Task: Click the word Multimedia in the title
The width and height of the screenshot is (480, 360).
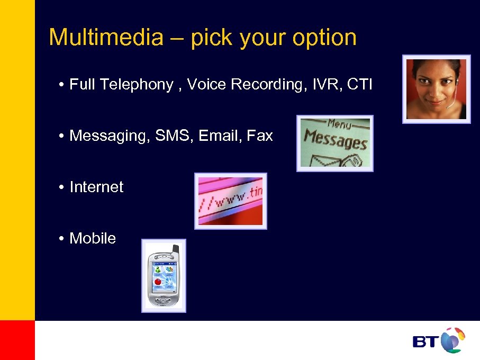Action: (x=106, y=38)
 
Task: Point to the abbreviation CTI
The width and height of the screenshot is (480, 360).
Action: (x=360, y=84)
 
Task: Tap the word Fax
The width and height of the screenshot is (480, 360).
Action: (x=260, y=136)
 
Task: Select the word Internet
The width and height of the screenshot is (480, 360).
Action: (x=96, y=187)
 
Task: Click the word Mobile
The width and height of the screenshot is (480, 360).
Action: (x=93, y=239)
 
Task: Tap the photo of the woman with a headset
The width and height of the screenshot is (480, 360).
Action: (x=436, y=89)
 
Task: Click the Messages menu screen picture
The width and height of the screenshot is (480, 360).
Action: (x=334, y=143)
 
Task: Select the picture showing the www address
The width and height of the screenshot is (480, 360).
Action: (x=230, y=201)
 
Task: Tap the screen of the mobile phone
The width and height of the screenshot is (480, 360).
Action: (x=164, y=277)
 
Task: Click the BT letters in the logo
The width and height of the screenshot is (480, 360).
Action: (x=425, y=341)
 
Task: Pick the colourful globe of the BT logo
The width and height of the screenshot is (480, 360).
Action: (x=452, y=340)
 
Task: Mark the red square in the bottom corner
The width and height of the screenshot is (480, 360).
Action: (x=17, y=340)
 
